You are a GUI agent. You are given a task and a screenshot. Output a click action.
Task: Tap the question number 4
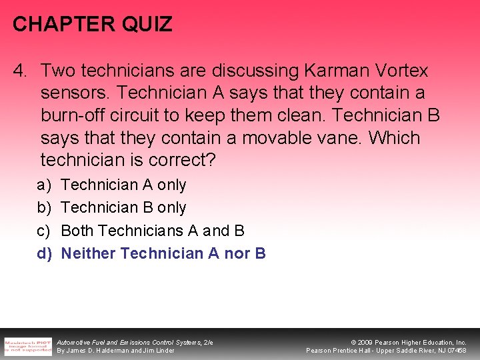(x=22, y=70)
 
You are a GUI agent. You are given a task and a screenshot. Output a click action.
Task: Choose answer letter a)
(x=45, y=185)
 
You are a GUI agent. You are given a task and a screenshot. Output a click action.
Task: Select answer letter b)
(x=45, y=207)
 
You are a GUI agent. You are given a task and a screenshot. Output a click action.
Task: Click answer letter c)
(x=45, y=231)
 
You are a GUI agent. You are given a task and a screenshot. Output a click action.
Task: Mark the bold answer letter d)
(x=45, y=253)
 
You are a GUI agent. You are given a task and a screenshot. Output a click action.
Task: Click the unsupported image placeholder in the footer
(x=27, y=345)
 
